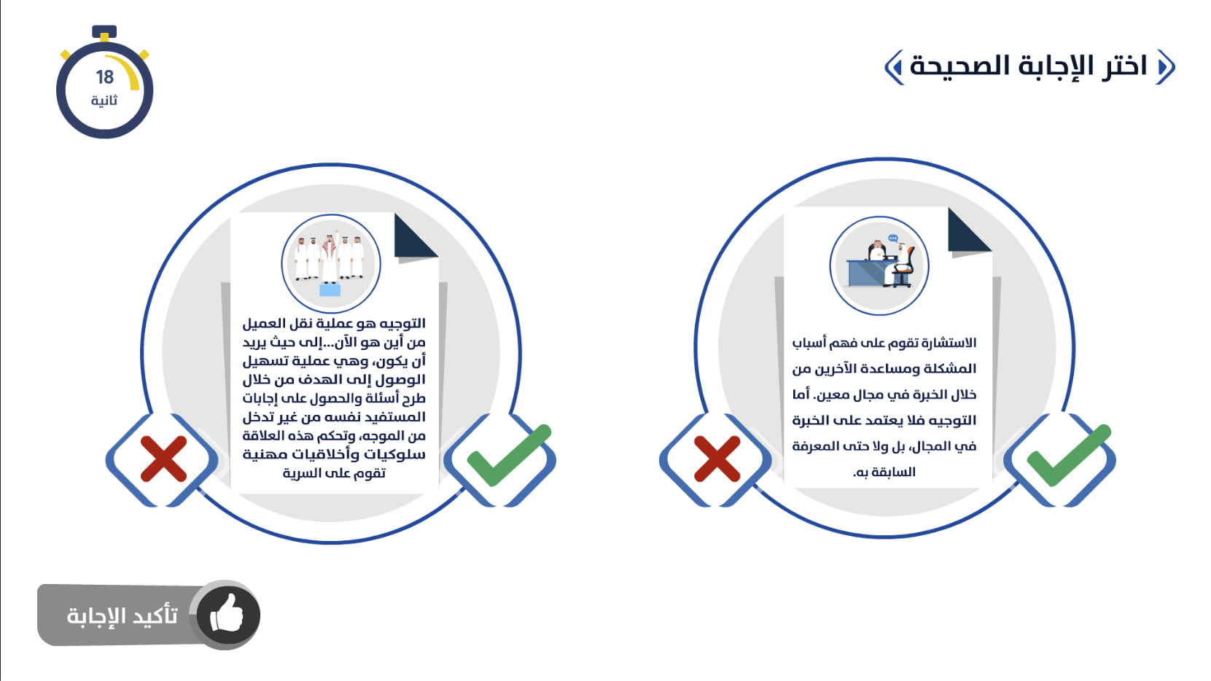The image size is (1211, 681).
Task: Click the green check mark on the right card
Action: pyautogui.click(x=1067, y=456)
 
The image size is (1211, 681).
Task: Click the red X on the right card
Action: pyautogui.click(x=717, y=459)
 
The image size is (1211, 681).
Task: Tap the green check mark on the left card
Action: pyautogui.click(x=509, y=456)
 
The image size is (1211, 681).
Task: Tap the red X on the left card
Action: pyautogui.click(x=163, y=459)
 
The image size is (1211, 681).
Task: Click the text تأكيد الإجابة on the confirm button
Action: pyautogui.click(x=122, y=615)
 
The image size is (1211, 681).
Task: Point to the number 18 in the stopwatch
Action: pyautogui.click(x=105, y=77)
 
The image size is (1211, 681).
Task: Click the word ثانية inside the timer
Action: pyautogui.click(x=104, y=101)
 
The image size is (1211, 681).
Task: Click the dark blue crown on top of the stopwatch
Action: pyautogui.click(x=104, y=32)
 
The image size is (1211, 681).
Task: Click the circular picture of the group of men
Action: pyautogui.click(x=331, y=264)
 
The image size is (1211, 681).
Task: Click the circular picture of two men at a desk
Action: pyautogui.click(x=879, y=265)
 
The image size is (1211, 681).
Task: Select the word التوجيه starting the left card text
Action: pyautogui.click(x=402, y=323)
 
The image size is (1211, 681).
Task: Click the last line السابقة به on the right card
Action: pyautogui.click(x=884, y=472)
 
